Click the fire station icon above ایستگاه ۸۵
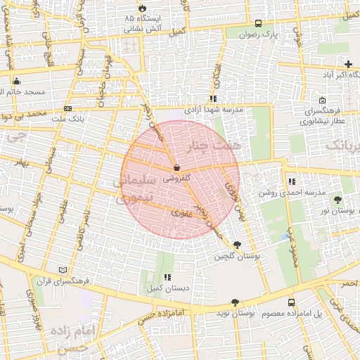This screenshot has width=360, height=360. [143, 7]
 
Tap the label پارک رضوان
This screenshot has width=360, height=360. [259, 34]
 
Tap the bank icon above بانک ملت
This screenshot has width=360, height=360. [67, 108]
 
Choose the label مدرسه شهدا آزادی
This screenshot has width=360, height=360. [214, 110]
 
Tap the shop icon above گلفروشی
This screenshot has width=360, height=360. [176, 168]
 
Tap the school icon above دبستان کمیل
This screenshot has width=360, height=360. [167, 278]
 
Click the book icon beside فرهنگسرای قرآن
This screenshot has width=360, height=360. [64, 269]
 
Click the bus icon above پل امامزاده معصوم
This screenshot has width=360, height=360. [291, 302]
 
